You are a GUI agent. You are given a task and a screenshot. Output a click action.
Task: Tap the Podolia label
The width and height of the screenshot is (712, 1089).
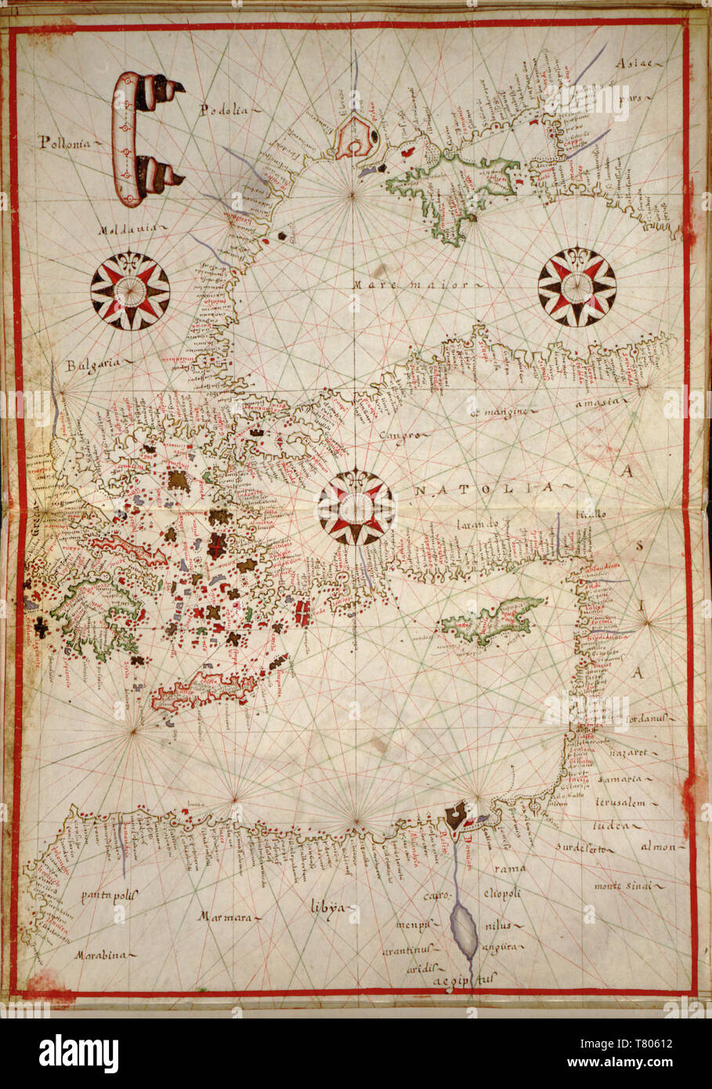(222, 110)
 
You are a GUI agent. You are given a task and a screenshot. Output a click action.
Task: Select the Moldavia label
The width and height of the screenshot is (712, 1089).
(128, 230)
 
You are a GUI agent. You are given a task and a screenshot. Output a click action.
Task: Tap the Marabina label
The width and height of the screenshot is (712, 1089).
(102, 955)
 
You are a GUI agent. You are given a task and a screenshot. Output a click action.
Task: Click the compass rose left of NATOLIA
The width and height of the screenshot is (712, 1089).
(356, 508)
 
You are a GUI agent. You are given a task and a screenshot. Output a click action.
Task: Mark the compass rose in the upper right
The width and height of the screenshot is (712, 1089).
(577, 287)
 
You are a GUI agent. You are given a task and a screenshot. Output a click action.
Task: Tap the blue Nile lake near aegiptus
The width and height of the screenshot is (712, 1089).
(463, 928)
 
